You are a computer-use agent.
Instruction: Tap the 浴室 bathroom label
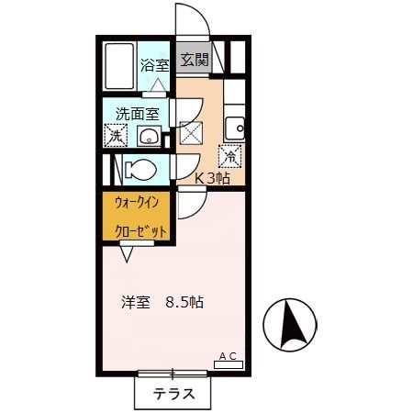tap(154, 65)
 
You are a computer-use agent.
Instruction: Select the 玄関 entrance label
tap(194, 61)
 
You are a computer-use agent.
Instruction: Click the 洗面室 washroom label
tap(137, 114)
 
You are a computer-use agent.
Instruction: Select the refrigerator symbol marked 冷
tap(229, 157)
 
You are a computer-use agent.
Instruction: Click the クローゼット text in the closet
tap(140, 231)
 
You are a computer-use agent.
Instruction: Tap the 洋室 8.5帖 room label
tap(161, 301)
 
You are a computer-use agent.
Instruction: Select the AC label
tap(229, 355)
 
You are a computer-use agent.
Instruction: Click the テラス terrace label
tap(173, 394)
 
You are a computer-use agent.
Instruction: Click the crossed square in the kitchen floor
tap(192, 133)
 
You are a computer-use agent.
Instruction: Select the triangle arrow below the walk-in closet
tap(122, 246)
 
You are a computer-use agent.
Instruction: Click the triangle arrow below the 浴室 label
tap(157, 84)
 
